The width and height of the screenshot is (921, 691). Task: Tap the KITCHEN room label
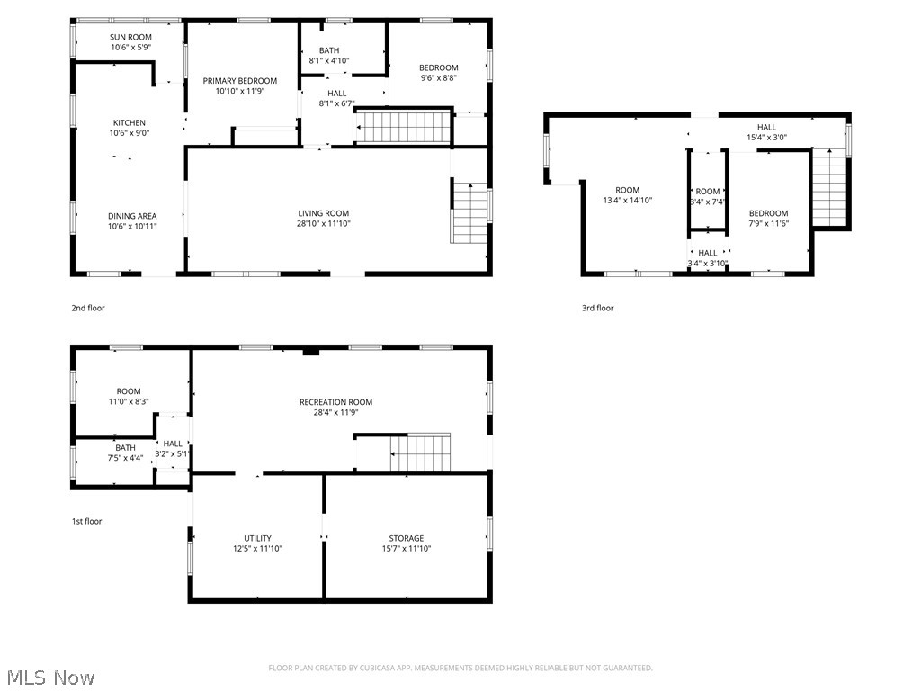pyautogui.click(x=129, y=123)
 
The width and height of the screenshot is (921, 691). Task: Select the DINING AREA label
pyautogui.click(x=132, y=216)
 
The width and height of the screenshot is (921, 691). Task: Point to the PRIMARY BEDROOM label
pyautogui.click(x=239, y=81)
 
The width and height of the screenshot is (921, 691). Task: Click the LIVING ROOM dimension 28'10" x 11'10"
pyautogui.click(x=324, y=224)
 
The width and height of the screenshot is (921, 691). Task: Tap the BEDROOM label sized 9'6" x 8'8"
pyautogui.click(x=438, y=67)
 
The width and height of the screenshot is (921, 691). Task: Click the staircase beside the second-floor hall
pyautogui.click(x=403, y=126)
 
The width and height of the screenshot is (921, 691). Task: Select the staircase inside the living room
pyautogui.click(x=469, y=212)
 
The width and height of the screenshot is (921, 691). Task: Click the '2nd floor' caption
pyautogui.click(x=88, y=308)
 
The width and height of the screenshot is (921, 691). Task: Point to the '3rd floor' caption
pyautogui.click(x=597, y=308)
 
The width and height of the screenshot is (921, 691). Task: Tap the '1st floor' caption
pyautogui.click(x=87, y=521)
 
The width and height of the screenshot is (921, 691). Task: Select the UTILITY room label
pyautogui.click(x=257, y=538)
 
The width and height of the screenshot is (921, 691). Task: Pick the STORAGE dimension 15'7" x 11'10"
pyautogui.click(x=407, y=548)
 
